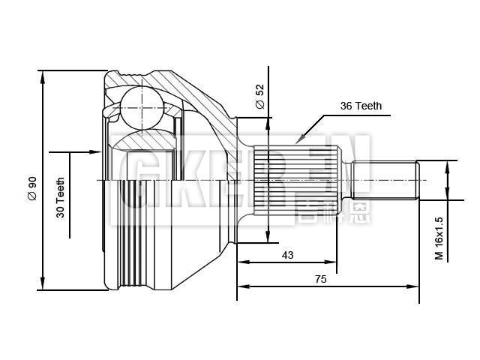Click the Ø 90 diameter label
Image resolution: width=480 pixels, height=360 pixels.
[32, 187]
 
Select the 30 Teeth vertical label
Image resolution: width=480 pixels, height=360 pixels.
[61, 196]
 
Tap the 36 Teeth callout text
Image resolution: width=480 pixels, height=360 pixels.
[361, 106]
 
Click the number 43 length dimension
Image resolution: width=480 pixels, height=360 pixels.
[287, 255]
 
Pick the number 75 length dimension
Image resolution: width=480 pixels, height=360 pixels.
[320, 278]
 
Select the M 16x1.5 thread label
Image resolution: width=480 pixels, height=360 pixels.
[439, 238]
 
